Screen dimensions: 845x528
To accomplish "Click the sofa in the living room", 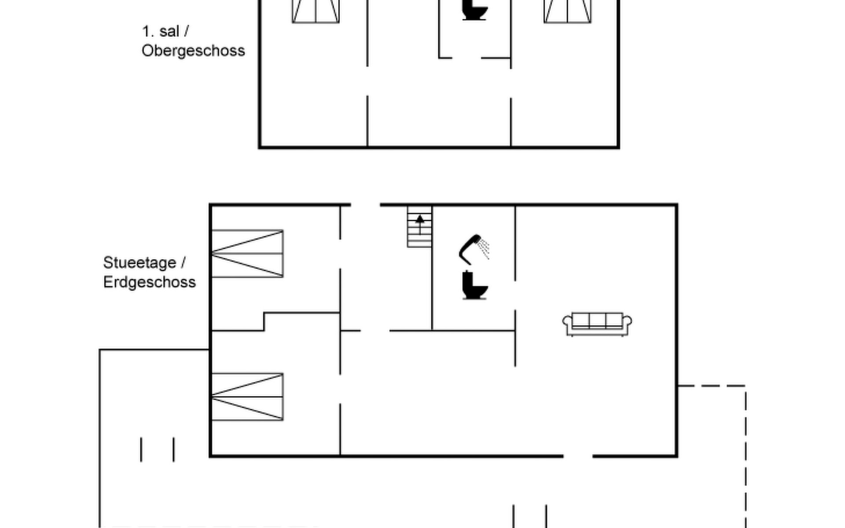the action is [597, 324].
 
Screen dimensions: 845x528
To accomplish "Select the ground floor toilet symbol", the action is [474, 286].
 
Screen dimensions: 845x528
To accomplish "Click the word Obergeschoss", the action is [193, 51].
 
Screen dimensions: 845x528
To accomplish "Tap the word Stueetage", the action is [140, 263].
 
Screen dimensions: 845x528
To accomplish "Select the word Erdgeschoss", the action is [150, 282].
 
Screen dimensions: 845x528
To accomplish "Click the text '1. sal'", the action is [161, 31].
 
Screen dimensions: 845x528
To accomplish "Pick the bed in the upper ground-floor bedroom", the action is [247, 253].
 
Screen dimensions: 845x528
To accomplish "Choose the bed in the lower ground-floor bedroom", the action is [247, 397].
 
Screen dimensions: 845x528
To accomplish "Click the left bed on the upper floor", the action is [316, 11].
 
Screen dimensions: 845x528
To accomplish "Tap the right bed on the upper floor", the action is [567, 11].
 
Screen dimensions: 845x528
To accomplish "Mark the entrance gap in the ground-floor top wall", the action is [365, 205].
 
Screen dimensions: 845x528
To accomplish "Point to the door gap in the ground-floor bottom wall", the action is [578, 456].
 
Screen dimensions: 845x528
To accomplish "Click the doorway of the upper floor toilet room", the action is [467, 58].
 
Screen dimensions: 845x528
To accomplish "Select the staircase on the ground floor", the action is [419, 227].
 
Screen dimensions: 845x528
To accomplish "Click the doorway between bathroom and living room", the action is [515, 295].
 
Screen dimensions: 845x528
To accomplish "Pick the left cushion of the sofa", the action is [581, 320].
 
